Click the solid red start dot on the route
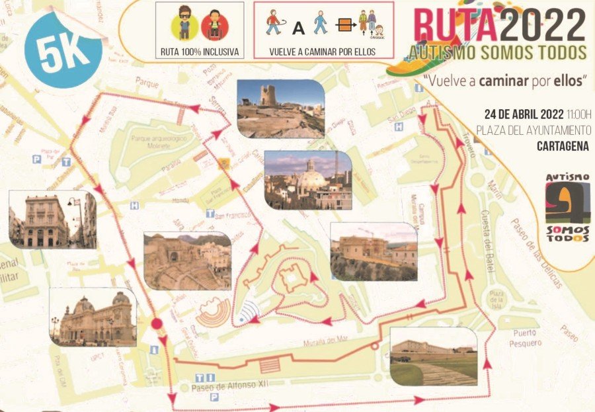[157, 324]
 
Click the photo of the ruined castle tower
[280, 109]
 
